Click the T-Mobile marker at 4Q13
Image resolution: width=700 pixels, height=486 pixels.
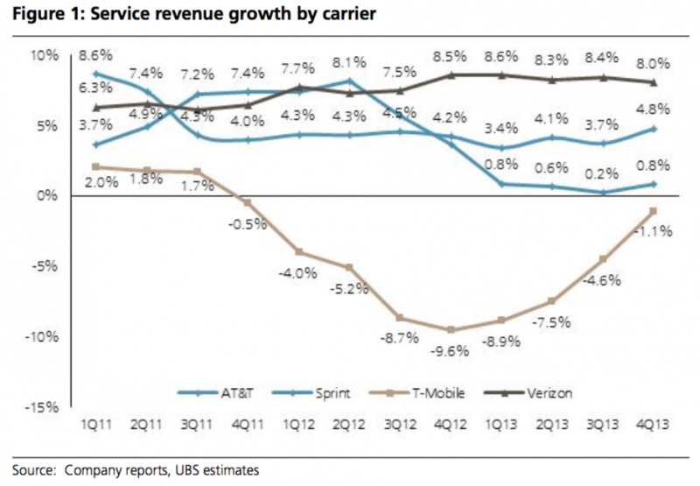point(654,211)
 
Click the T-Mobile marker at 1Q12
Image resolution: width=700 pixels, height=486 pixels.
point(298,252)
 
